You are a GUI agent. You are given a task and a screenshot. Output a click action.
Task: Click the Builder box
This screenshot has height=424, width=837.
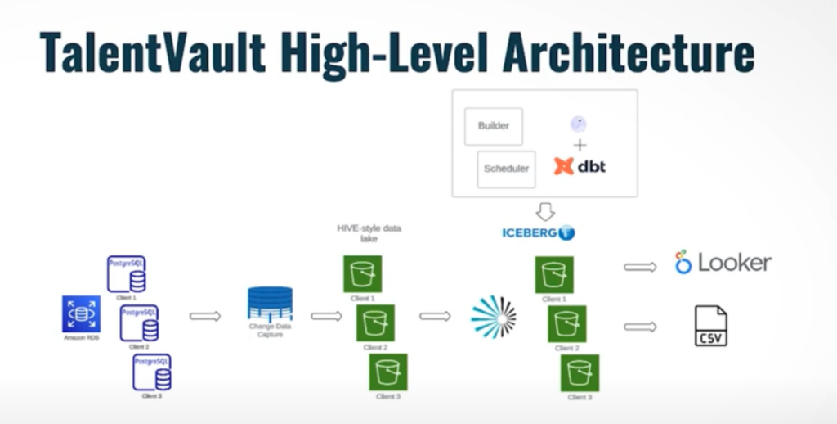click(494, 126)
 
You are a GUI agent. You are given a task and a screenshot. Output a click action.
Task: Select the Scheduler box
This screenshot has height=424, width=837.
click(506, 169)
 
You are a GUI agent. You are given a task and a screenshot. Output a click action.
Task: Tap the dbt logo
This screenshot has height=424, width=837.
click(580, 166)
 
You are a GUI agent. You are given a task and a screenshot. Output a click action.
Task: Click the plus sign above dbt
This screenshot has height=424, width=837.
click(580, 145)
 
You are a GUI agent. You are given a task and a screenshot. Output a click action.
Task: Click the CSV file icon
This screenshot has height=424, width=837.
click(710, 326)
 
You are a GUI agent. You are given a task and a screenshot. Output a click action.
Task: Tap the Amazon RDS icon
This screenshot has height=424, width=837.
click(81, 314)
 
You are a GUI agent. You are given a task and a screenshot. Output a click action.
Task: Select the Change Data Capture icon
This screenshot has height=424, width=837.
click(270, 305)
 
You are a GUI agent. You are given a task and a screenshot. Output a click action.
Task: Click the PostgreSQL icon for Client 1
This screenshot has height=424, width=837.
click(127, 274)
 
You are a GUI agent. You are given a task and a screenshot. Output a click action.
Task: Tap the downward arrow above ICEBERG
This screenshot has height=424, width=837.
click(545, 212)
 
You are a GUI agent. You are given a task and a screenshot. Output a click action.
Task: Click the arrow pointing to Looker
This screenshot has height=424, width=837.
click(640, 266)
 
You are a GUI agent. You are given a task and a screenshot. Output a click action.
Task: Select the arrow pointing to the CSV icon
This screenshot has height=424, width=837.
click(640, 327)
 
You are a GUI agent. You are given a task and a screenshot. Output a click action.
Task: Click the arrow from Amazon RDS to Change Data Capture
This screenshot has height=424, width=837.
click(205, 316)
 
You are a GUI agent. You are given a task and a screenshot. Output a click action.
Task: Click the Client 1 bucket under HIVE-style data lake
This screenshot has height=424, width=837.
click(362, 274)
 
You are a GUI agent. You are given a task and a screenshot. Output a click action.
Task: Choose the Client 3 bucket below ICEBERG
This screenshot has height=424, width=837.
click(580, 372)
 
